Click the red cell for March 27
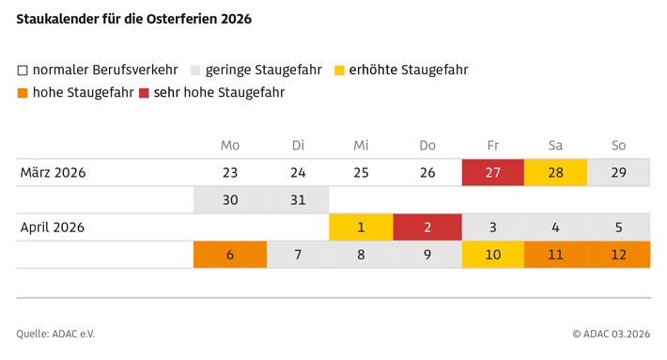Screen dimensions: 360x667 click(492, 173)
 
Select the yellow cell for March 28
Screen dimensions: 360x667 click(555, 173)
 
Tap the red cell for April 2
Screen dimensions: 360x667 click(427, 227)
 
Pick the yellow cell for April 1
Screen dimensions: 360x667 click(361, 227)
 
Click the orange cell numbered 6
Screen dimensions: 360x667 click(230, 255)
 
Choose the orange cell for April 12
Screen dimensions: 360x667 click(617, 255)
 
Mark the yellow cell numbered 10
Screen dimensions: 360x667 click(492, 255)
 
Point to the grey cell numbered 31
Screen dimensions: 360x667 click(298, 200)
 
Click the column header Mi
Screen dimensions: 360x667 click(361, 146)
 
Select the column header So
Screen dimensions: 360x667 click(617, 146)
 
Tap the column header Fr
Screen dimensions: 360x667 click(492, 146)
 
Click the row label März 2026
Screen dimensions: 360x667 click(54, 173)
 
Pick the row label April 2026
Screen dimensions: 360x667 click(53, 227)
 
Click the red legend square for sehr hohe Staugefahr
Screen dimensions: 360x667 click(144, 93)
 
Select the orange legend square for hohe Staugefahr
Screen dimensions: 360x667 click(22, 93)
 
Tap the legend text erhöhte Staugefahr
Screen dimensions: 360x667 click(408, 70)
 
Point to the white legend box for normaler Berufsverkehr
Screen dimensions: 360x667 click(22, 70)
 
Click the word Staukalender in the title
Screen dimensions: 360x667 click(57, 19)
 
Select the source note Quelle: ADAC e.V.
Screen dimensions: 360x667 click(55, 333)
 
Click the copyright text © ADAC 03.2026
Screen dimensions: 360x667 click(612, 333)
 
